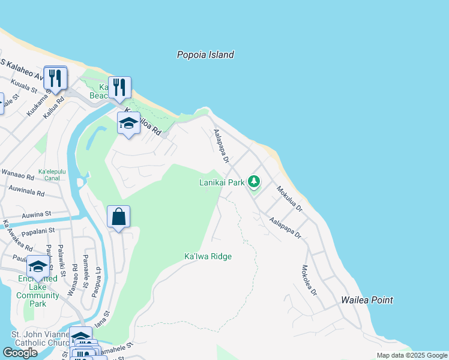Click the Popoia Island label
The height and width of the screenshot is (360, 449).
(205, 55)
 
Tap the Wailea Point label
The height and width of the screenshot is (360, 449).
(367, 300)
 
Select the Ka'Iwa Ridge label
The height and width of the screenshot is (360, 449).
(208, 257)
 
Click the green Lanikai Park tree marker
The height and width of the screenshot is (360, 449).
(254, 181)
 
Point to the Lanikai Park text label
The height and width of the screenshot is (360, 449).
(222, 182)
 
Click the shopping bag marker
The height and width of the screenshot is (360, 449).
(119, 217)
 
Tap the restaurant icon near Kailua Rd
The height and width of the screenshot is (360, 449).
(55, 78)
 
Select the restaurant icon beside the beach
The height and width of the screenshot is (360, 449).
(119, 88)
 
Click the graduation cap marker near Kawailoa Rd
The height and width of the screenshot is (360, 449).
(128, 123)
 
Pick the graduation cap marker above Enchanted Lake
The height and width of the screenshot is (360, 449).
(38, 267)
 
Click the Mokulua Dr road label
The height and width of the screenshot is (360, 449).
(289, 198)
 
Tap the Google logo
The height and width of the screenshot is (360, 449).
(20, 353)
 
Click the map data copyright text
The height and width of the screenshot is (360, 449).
(412, 355)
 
